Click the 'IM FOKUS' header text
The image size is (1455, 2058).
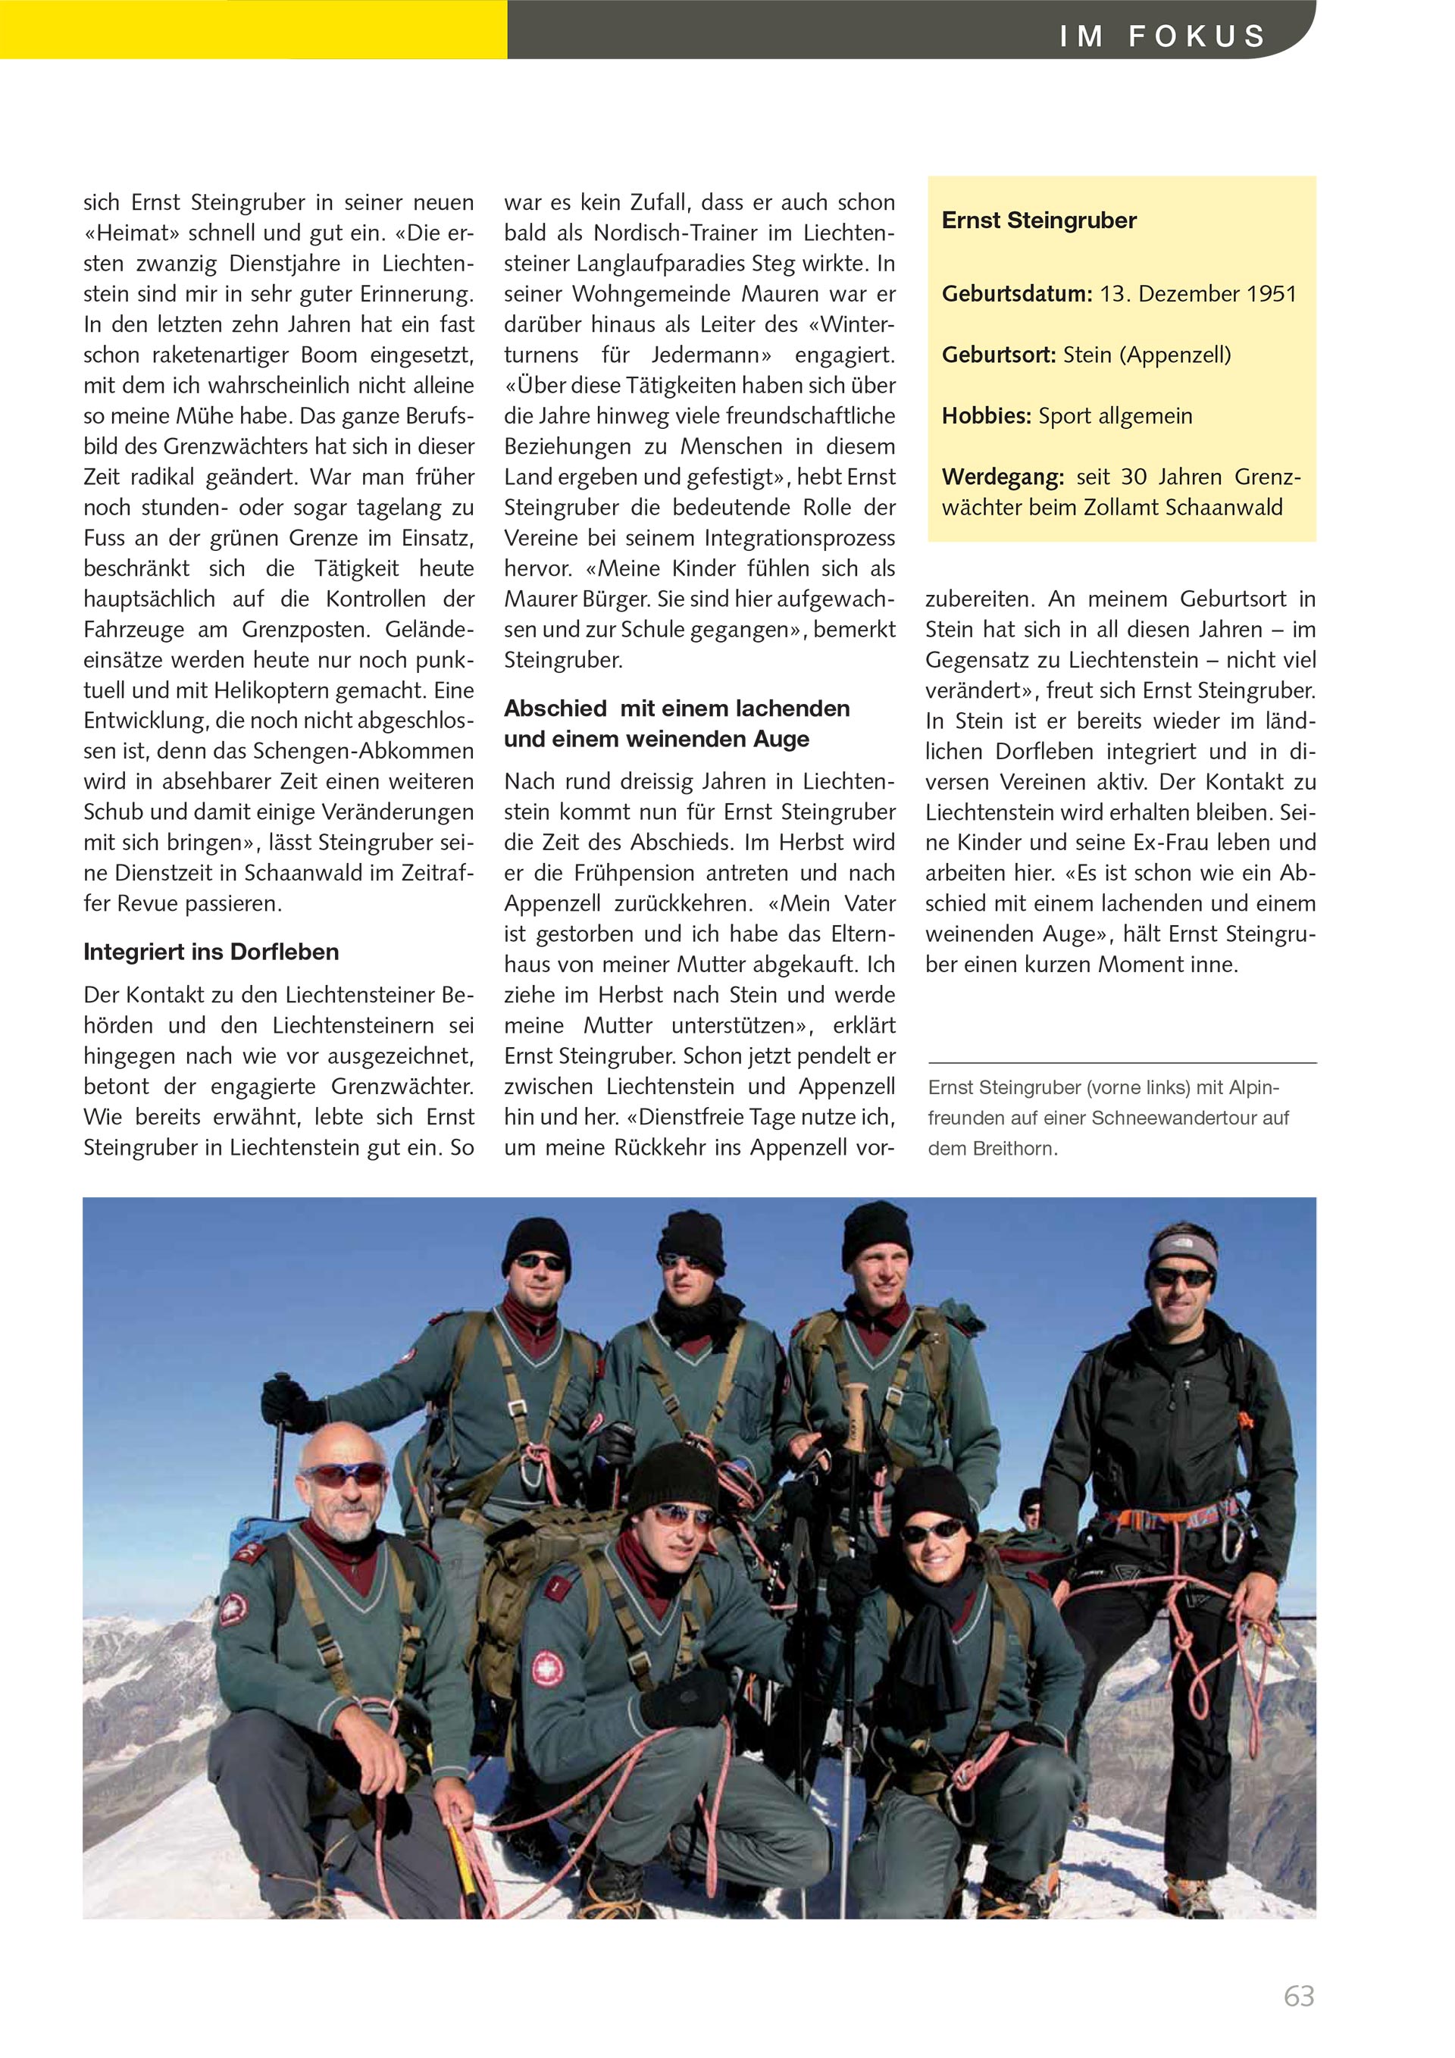tap(1162, 36)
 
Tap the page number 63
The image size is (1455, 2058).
tap(1298, 1996)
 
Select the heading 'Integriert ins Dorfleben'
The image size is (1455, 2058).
tap(211, 952)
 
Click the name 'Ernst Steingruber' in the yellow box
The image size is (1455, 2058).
tap(1039, 220)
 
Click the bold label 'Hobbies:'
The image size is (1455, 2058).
tap(987, 416)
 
